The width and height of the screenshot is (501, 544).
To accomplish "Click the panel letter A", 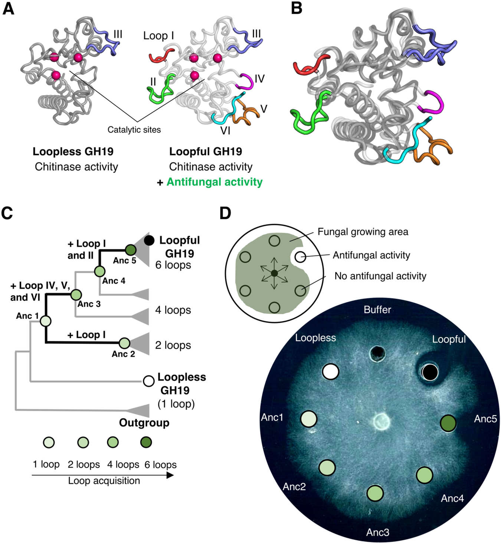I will (9, 8).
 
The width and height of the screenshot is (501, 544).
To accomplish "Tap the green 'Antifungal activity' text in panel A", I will (215, 182).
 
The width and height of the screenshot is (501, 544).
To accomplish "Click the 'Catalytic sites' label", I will (134, 130).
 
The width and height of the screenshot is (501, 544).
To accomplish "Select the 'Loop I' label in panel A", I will (158, 36).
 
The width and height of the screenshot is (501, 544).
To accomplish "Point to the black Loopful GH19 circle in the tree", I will (149, 241).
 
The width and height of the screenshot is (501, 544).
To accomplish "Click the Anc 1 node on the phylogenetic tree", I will (46, 320).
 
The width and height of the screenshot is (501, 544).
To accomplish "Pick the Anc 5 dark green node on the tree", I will (130, 250).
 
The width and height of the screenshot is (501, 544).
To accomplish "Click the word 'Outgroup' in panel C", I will (144, 423).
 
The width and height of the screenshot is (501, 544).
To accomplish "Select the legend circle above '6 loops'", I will (146, 442).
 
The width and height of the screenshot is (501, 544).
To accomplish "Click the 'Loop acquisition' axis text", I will (104, 481).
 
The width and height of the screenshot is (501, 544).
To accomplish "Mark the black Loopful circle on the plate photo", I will (430, 372).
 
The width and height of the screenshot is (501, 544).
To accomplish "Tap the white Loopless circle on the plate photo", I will (330, 371).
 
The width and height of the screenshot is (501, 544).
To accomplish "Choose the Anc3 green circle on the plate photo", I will (375, 493).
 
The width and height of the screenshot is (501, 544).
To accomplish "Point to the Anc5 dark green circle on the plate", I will (448, 423).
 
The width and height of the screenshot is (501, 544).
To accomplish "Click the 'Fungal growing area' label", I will (363, 232).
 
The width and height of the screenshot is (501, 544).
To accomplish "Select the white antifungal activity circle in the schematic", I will (300, 257).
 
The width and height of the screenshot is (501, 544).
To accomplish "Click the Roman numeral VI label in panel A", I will (225, 130).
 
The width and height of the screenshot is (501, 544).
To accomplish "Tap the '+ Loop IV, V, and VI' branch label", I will (40, 291).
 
